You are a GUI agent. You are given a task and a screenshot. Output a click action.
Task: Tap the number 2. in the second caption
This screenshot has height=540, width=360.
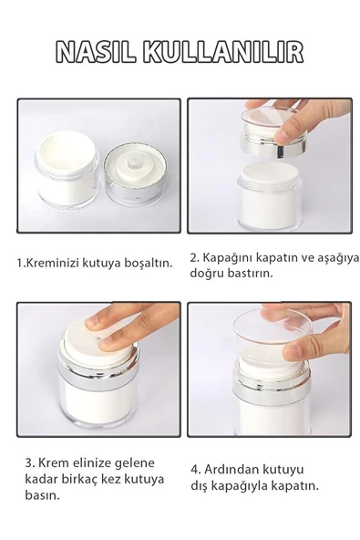pos(195,256)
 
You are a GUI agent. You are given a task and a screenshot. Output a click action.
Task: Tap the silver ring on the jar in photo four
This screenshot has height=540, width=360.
pos(273,390)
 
